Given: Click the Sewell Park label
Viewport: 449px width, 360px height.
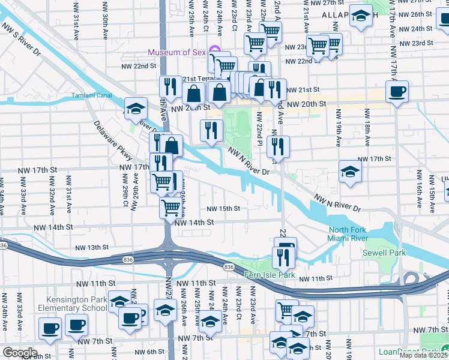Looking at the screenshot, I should tap(384, 253).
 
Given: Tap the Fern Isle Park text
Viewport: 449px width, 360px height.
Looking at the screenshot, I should tap(270, 275).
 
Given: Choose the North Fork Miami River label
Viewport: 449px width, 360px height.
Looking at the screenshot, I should tap(355, 235).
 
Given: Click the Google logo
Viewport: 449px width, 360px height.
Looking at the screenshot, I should tap(20, 353).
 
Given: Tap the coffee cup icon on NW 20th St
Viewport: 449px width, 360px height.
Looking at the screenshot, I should tap(397, 92).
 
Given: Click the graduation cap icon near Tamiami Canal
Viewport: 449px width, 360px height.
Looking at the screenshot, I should tap(136, 108).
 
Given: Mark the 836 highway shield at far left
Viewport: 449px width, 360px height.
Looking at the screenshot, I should tap(4, 245).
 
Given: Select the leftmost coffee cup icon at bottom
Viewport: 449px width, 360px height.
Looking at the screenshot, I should tap(50, 328).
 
